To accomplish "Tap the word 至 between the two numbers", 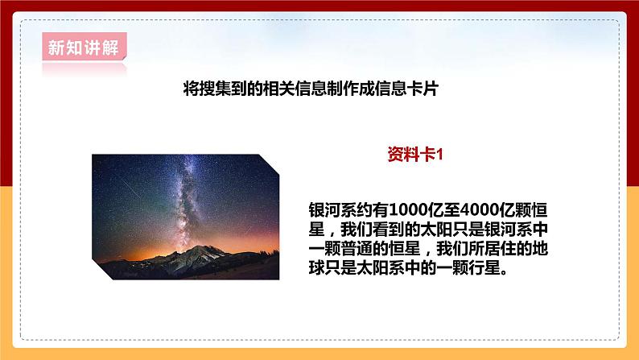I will click(x=419, y=207).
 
